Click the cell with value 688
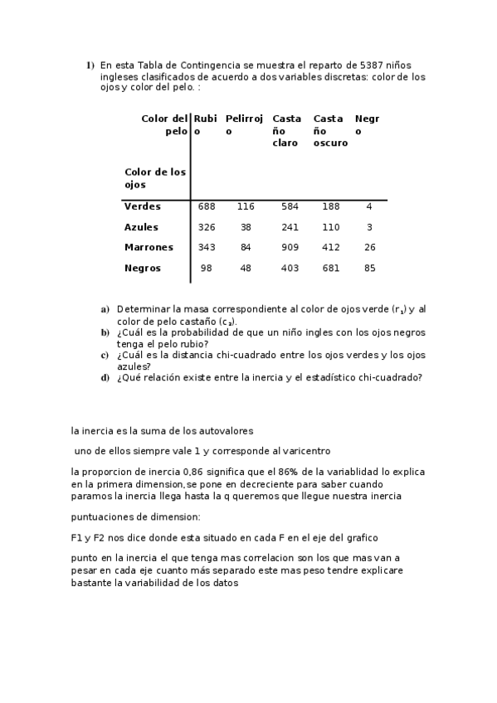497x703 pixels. (x=207, y=206)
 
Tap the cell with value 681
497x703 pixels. (x=331, y=269)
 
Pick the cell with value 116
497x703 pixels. (x=246, y=206)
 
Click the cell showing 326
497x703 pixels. (x=207, y=227)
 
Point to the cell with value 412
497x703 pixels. (x=331, y=248)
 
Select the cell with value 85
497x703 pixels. (x=369, y=269)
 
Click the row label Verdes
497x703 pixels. (x=142, y=206)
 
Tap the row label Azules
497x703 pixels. (x=141, y=227)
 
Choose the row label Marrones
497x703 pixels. (x=149, y=248)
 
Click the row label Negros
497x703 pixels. (x=143, y=269)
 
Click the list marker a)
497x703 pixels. (x=105, y=309)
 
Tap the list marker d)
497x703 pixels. (x=105, y=378)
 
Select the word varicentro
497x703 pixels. (x=305, y=451)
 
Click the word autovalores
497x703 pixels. (x=222, y=430)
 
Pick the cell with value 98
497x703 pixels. (x=207, y=269)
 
